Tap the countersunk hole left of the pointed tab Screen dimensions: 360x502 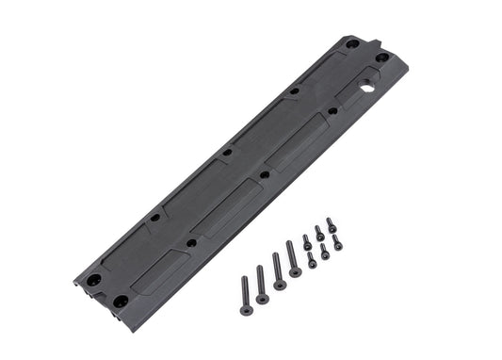tap(352, 44)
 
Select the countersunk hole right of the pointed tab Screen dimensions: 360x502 tap(381, 57)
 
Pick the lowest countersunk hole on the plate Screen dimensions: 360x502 tap(121, 301)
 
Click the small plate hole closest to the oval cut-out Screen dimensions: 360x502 tap(332, 110)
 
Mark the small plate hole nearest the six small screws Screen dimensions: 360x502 tap(265, 175)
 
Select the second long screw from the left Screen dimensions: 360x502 tap(262, 285)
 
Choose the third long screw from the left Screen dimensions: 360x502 tap(278, 271)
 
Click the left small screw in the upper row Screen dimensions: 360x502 tap(308, 241)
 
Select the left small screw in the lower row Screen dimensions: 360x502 tap(313, 260)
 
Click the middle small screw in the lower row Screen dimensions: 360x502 tap(325, 252)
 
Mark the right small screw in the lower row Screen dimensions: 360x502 tap(337, 243)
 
